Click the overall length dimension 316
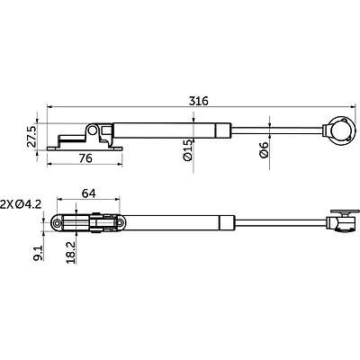click(x=198, y=101)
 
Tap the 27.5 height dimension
click(x=31, y=137)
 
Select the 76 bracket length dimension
click(x=85, y=157)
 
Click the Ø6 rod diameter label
click(x=264, y=150)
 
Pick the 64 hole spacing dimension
click(x=89, y=193)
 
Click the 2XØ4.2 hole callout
click(x=21, y=204)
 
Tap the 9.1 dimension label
click(x=39, y=254)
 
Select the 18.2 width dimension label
click(x=71, y=253)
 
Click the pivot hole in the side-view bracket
click(x=93, y=130)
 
